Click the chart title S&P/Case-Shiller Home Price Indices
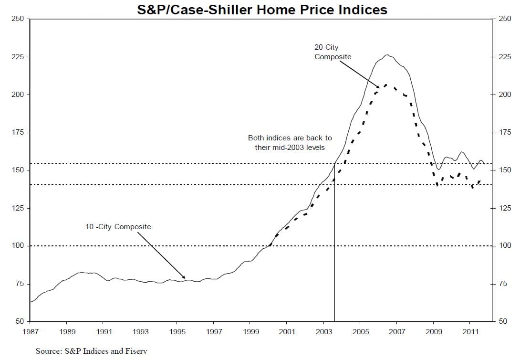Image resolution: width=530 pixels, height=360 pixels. point(262,10)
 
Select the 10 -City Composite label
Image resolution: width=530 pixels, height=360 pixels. point(118,227)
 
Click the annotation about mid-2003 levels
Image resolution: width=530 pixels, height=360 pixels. point(290,142)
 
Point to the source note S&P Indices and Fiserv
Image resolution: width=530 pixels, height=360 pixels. point(92,351)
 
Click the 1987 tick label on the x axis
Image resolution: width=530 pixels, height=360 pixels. point(30,331)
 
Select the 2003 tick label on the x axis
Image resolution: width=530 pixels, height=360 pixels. point(323,331)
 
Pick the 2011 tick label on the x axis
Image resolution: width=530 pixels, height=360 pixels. point(470,331)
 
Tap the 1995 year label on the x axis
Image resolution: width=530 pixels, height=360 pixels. point(177,331)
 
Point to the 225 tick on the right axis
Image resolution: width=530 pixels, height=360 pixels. point(505,57)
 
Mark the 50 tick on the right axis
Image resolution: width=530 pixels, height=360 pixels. point(504,321)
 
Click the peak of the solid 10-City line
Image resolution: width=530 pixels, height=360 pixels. point(387,55)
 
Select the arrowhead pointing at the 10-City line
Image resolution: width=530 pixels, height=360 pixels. point(184,277)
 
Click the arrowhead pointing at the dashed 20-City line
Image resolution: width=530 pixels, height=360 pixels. point(378,87)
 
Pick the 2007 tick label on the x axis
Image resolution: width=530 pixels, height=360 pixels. point(397,331)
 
